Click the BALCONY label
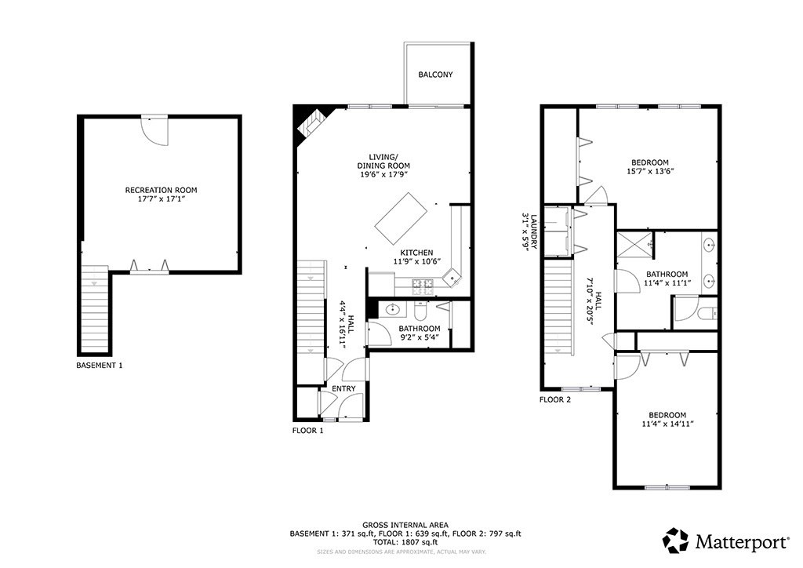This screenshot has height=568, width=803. pyautogui.click(x=435, y=75)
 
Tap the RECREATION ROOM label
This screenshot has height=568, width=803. pyautogui.click(x=161, y=190)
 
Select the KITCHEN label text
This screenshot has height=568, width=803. pyautogui.click(x=416, y=253)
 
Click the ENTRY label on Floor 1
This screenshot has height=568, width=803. pyautogui.click(x=343, y=389)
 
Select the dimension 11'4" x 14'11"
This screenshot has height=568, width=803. pyautogui.click(x=667, y=424)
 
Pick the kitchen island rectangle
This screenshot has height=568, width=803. pyautogui.click(x=401, y=219)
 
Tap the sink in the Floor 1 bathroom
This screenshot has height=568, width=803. pyautogui.click(x=393, y=309)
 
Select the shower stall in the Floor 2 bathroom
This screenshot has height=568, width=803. pyautogui.click(x=635, y=244)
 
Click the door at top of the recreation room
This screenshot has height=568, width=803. pyautogui.click(x=154, y=130)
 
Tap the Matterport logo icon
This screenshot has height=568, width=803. pyautogui.click(x=675, y=541)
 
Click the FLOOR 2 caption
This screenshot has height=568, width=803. pyautogui.click(x=554, y=400)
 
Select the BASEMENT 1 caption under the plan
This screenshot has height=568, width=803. pyautogui.click(x=100, y=366)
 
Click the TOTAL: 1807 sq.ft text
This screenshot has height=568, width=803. pyautogui.click(x=405, y=542)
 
